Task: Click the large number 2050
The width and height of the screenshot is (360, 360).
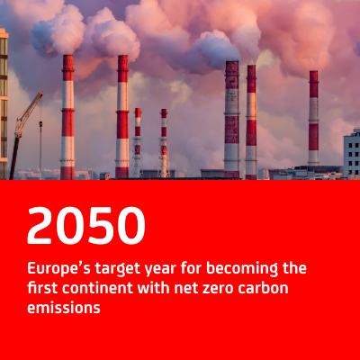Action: click(86, 225)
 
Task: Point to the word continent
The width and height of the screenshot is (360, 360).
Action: click(97, 288)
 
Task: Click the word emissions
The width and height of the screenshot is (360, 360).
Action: click(64, 308)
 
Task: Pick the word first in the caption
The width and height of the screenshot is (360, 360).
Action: click(42, 288)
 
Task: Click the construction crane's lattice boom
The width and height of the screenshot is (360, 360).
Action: click(29, 114)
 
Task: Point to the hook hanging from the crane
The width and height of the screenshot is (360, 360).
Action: click(40, 123)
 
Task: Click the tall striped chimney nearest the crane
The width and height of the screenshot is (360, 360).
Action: click(67, 117)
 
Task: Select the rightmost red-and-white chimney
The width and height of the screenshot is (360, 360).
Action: click(313, 118)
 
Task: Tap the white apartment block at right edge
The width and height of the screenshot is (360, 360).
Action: click(352, 154)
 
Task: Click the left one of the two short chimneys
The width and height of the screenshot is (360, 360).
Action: click(138, 142)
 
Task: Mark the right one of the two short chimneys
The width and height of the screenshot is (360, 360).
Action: click(164, 143)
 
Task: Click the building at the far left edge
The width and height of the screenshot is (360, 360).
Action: click(4, 103)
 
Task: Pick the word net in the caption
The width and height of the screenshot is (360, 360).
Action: click(184, 289)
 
